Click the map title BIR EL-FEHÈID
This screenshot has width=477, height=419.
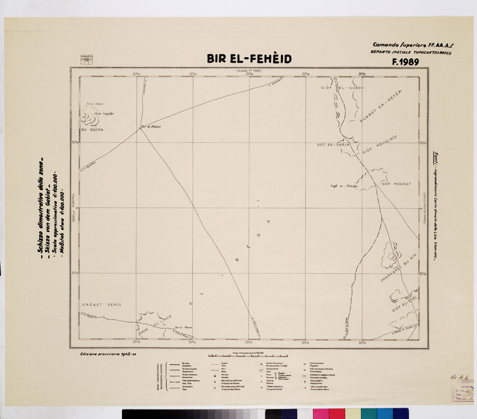(249, 59)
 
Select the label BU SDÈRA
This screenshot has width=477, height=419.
(92, 129)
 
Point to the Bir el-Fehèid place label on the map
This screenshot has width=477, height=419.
(151, 127)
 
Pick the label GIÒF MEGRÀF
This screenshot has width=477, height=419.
(394, 183)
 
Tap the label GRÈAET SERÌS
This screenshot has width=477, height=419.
(102, 305)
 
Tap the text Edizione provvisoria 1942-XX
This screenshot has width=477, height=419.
(108, 354)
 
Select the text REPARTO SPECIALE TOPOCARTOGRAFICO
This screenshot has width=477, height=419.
(411, 53)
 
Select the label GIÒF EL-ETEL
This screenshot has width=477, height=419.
(406, 305)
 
